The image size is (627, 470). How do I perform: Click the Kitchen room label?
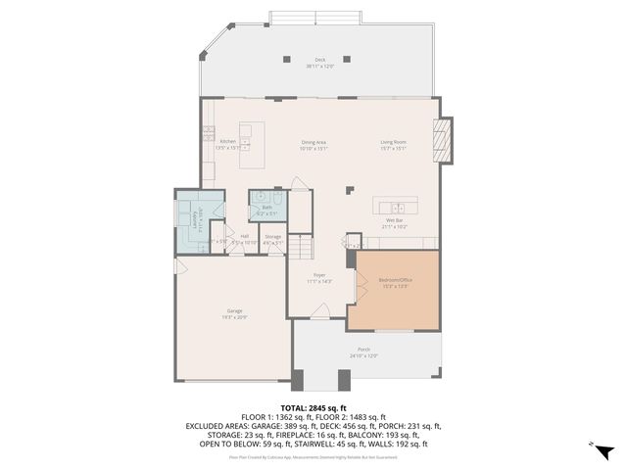(x=227, y=142)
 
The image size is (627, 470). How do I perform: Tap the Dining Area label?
(x=313, y=143)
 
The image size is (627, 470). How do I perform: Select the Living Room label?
(x=394, y=143)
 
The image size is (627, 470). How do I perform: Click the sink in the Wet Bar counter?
(x=399, y=207)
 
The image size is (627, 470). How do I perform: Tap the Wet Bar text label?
(x=395, y=220)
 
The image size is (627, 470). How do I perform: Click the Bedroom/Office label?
(x=393, y=281)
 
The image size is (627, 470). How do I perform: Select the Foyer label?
(x=318, y=276)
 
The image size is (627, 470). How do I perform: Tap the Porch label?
(x=363, y=350)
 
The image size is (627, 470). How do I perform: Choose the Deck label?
(x=319, y=61)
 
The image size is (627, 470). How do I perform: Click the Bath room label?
(x=266, y=207)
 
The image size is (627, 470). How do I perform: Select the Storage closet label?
(x=273, y=236)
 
